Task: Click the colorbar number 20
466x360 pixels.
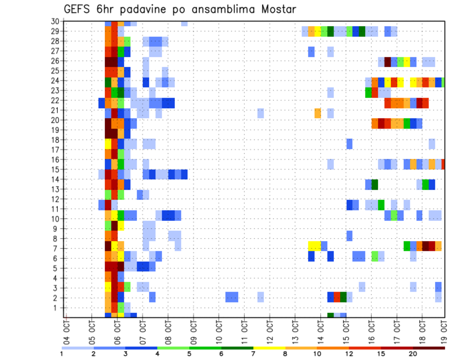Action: click(x=414, y=354)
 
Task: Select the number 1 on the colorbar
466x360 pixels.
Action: click(x=62, y=354)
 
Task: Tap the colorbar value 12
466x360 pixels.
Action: click(x=349, y=354)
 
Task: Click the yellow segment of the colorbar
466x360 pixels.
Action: click(x=269, y=347)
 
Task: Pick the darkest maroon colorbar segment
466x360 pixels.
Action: click(x=429, y=347)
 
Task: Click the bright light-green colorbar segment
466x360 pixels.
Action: click(x=173, y=347)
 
